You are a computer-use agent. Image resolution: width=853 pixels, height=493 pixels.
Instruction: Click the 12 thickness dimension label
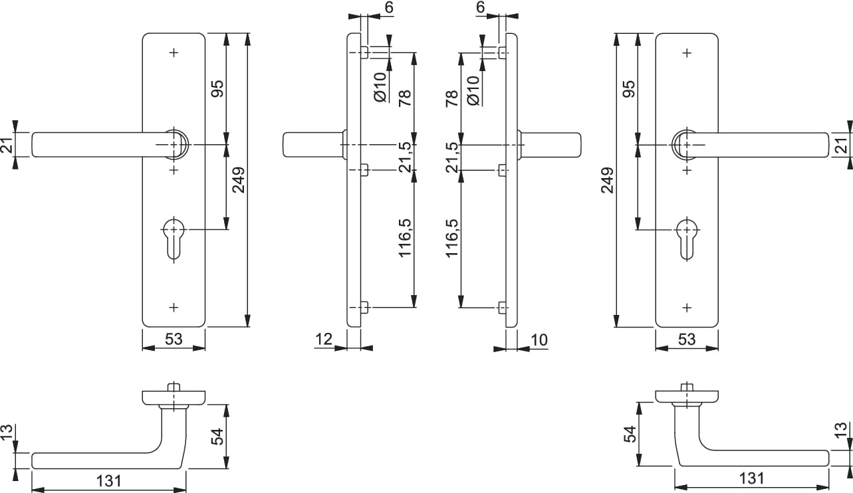tap(324, 340)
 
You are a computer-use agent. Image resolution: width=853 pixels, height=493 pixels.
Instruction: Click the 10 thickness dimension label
tap(539, 340)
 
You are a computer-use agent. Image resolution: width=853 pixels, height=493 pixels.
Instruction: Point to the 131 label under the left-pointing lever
tap(108, 480)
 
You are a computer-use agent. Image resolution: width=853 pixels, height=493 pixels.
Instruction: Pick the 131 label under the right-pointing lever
tap(751, 478)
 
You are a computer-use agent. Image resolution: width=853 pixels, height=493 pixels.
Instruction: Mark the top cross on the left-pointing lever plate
tap(174, 52)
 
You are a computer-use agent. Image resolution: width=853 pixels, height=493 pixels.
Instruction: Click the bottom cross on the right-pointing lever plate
tap(687, 307)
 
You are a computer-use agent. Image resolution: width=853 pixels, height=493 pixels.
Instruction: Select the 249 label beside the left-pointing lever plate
tap(239, 179)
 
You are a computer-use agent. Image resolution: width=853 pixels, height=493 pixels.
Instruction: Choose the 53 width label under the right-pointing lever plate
tap(686, 340)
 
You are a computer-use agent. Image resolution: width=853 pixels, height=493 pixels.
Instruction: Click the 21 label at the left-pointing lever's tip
tap(7, 145)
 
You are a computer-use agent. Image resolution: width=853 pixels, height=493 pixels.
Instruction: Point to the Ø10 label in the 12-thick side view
tap(380, 87)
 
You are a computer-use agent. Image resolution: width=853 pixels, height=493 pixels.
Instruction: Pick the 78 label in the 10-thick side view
tap(452, 99)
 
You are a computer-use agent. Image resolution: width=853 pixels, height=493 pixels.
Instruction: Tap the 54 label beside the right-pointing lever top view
tap(630, 435)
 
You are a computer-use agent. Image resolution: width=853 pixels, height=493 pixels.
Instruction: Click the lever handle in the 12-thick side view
tap(312, 145)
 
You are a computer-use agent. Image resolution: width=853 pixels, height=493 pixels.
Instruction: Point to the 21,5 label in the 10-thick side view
tap(452, 157)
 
